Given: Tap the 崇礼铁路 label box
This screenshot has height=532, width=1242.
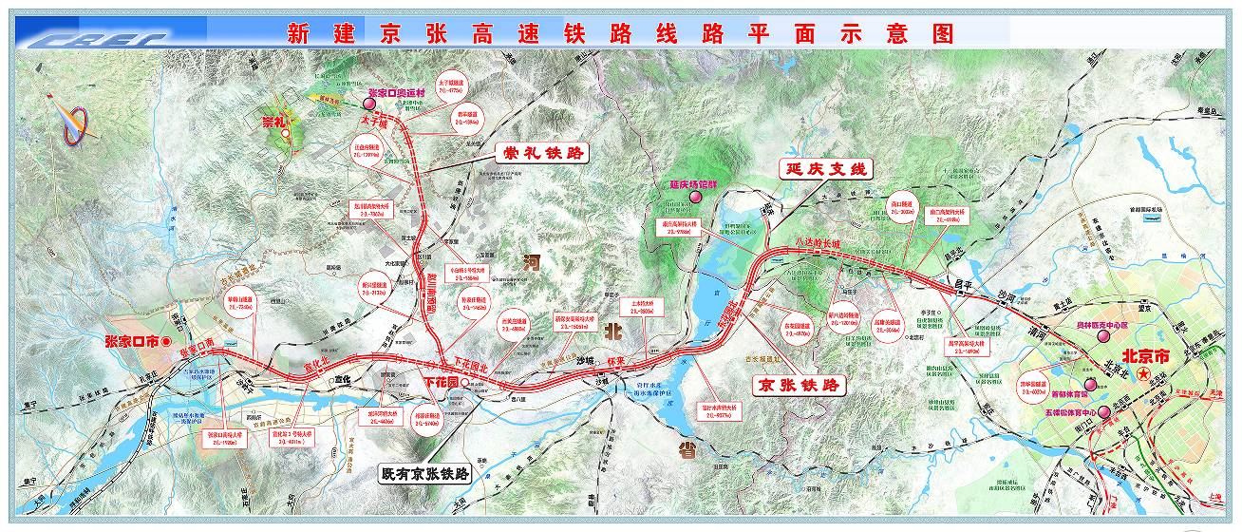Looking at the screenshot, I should tap(540, 152).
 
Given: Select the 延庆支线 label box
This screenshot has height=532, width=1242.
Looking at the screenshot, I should tap(823, 170).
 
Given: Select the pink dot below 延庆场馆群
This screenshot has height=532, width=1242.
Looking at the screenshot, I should tap(696, 197).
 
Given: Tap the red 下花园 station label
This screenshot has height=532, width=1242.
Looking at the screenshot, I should tap(441, 381).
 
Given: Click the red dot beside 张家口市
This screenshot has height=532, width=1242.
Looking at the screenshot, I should tap(166, 340).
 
